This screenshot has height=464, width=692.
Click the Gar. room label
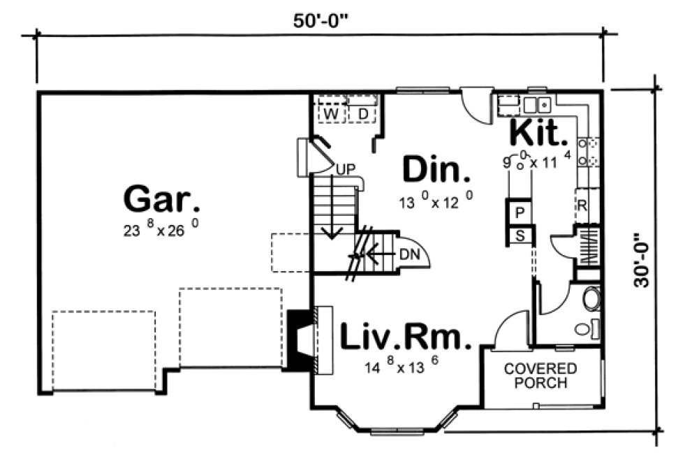pos(162,199)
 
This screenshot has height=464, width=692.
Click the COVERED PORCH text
pos(540,375)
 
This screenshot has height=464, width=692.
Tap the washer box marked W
pos(332,113)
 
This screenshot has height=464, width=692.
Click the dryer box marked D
pos(363,113)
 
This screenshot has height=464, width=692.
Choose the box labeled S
pos(520,235)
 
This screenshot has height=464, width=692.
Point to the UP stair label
pos(344,168)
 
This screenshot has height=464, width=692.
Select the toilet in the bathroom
pos(591,299)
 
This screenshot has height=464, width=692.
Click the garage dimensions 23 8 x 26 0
pos(162,231)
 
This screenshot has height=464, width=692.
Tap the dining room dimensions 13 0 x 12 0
pos(437,202)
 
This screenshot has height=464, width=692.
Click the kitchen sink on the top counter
pos(537,105)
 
